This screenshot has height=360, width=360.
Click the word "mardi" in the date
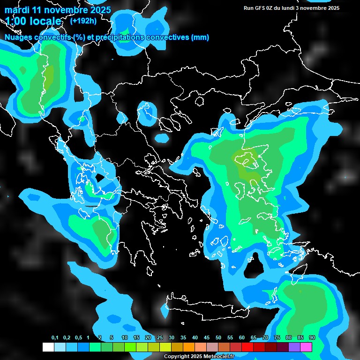pos(17,10)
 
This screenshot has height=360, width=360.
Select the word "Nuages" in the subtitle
pos(18,37)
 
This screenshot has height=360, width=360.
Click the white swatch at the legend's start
pos(48,347)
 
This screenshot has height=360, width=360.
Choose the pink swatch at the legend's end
pos(306,347)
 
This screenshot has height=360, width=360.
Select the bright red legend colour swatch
pos(247,347)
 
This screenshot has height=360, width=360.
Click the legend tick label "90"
pos(312,338)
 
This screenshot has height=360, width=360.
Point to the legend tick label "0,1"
pos(54,338)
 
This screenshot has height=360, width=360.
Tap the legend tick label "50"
pos(218,338)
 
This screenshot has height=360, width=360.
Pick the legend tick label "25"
pos(159,338)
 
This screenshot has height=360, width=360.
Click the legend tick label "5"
pos(112,338)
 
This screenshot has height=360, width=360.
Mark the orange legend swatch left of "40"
pos(189,347)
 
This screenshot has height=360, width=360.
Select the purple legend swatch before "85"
pos(294,347)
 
